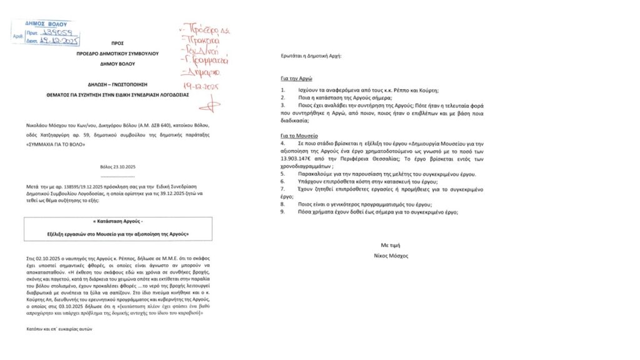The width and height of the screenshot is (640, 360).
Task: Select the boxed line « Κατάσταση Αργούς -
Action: pos(117,223)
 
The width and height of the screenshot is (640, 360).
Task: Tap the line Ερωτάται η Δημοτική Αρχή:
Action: pos(312,56)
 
